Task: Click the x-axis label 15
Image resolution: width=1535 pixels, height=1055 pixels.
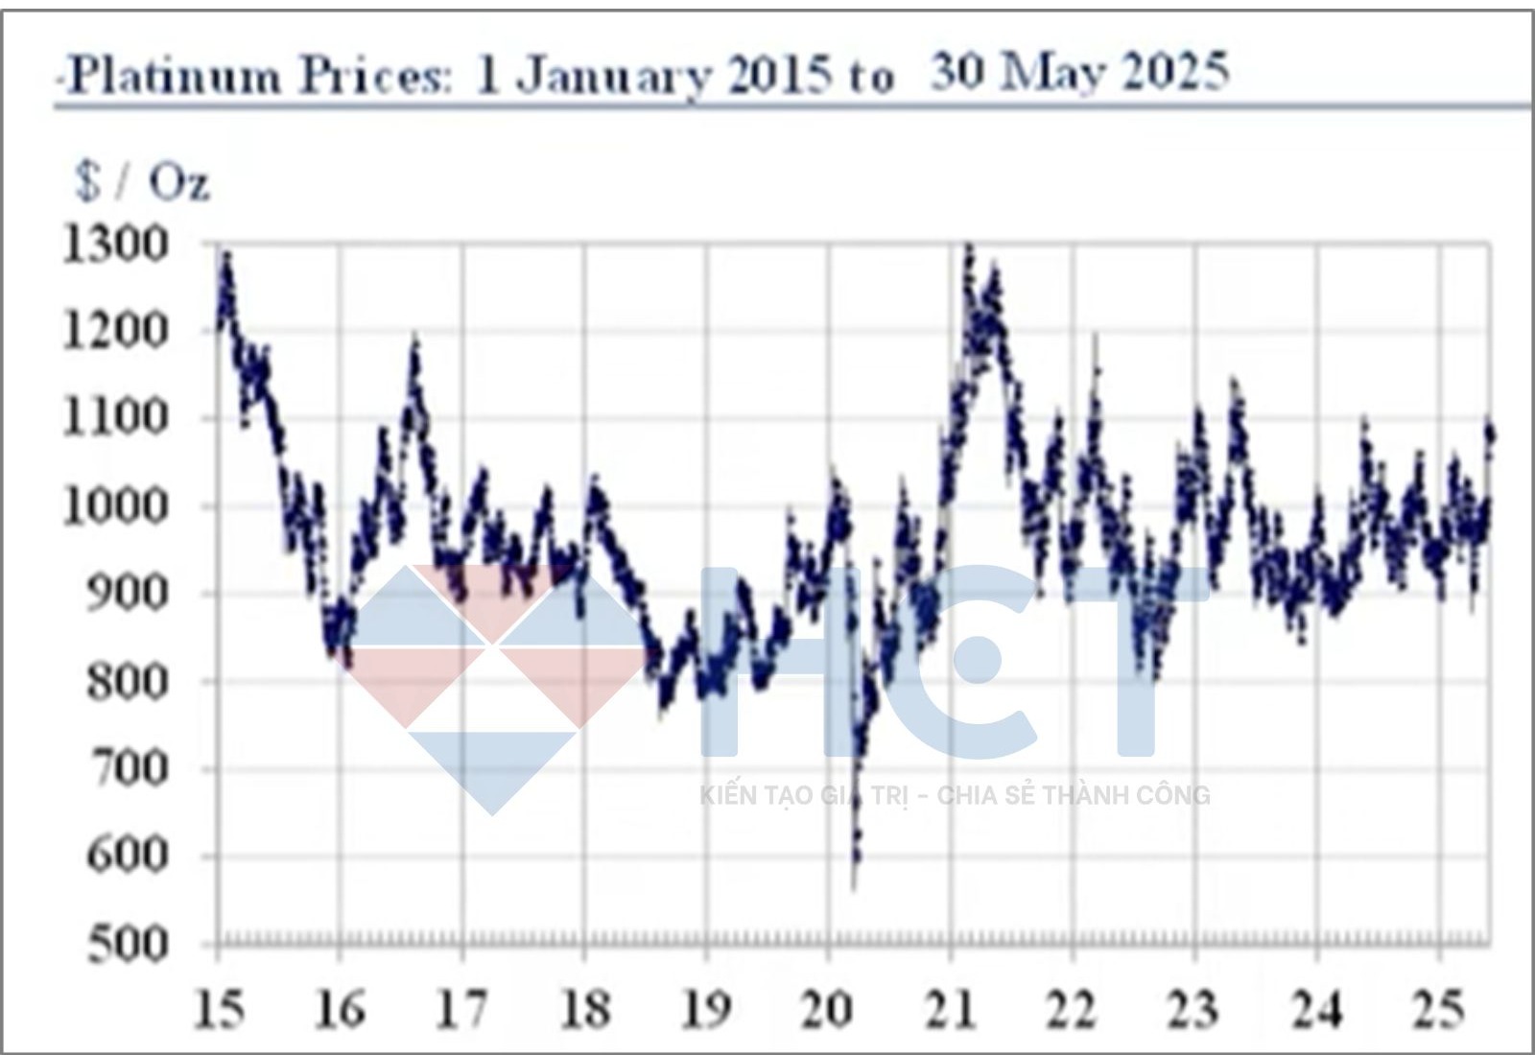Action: click(x=219, y=1010)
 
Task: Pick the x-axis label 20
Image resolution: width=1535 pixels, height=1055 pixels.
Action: click(x=828, y=1010)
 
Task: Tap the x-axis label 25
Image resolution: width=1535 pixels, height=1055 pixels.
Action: click(x=1438, y=1010)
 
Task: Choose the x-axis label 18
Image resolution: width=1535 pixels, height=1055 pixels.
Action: click(x=584, y=1010)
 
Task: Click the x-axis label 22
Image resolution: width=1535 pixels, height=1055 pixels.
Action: click(x=1072, y=1010)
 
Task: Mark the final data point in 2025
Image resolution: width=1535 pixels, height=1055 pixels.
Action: click(x=1491, y=434)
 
